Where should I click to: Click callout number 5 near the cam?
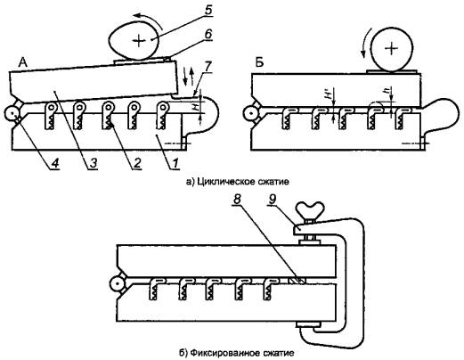[x=208, y=11]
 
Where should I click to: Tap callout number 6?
[x=208, y=34]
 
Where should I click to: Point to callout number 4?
[x=55, y=163]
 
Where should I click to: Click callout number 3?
[x=94, y=163]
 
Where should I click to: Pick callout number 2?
[x=136, y=163]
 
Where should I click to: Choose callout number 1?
[x=175, y=163]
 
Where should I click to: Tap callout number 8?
[x=237, y=200]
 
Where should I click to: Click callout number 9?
[x=273, y=200]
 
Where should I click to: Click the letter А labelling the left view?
[x=23, y=62]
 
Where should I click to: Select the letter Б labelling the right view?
[x=259, y=63]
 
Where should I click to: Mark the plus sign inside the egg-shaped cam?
[x=139, y=41]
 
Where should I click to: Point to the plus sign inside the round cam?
[x=392, y=48]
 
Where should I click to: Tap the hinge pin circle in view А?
[x=12, y=113]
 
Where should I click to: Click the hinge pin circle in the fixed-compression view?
[x=118, y=284]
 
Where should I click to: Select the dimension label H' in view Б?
[x=329, y=94]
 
